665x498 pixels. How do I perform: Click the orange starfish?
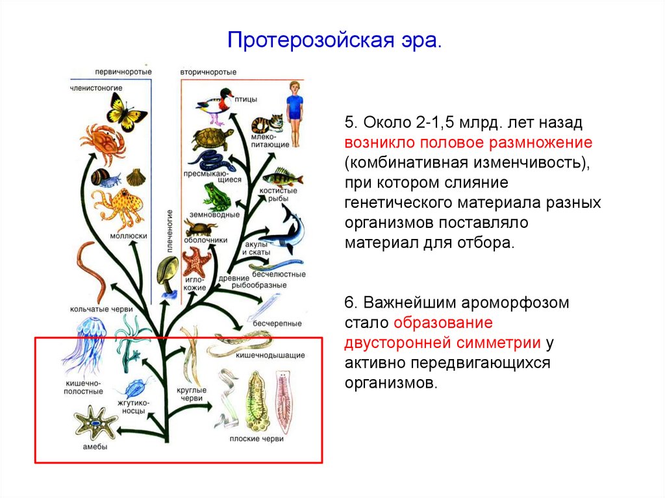[x=196, y=262]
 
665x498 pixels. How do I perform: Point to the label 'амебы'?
[x=95, y=447]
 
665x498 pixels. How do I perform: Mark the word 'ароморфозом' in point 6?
[x=514, y=303]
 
